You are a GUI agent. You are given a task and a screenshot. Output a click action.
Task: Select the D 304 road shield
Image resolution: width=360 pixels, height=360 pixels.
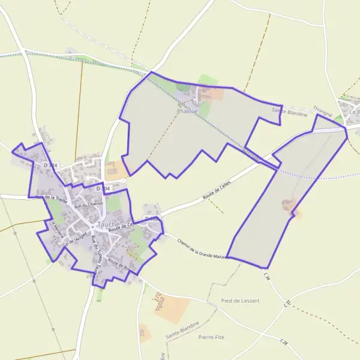coord(103,188)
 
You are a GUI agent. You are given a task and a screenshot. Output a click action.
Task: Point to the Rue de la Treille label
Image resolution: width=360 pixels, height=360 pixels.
coord(50,197)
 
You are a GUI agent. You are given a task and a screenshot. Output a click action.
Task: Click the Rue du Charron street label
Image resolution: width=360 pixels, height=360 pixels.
coord(89,205)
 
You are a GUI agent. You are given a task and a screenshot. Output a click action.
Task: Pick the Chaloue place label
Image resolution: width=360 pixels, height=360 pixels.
coord(187,110)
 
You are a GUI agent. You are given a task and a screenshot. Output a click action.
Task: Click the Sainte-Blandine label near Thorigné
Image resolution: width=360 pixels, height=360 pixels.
coord(289,112)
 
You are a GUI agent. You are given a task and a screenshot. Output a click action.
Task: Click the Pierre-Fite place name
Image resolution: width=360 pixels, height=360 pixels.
coord(211,337)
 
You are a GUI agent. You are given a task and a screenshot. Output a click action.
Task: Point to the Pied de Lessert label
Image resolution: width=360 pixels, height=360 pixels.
coord(239,301)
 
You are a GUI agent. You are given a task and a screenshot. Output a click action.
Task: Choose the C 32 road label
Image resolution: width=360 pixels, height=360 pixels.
coord(287,304)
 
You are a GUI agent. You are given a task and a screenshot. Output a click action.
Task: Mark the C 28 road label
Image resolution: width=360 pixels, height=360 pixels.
coord(284,341)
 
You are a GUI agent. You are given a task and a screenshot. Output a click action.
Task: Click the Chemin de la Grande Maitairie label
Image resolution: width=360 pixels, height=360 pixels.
coord(202,247)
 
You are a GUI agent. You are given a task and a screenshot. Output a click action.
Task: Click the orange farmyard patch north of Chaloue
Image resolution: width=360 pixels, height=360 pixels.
coord(214,95)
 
